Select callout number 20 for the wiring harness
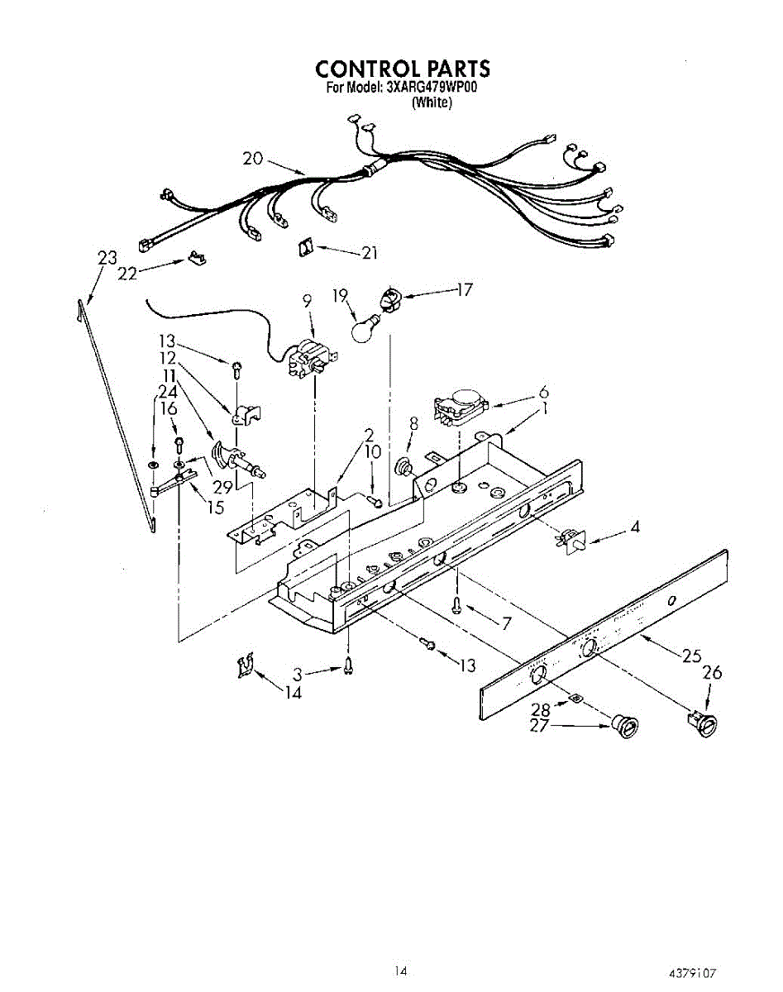[253, 159]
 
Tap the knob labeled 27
[624, 727]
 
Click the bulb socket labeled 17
[389, 298]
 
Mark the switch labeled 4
[570, 541]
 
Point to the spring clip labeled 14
[245, 665]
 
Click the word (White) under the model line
[432, 103]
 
